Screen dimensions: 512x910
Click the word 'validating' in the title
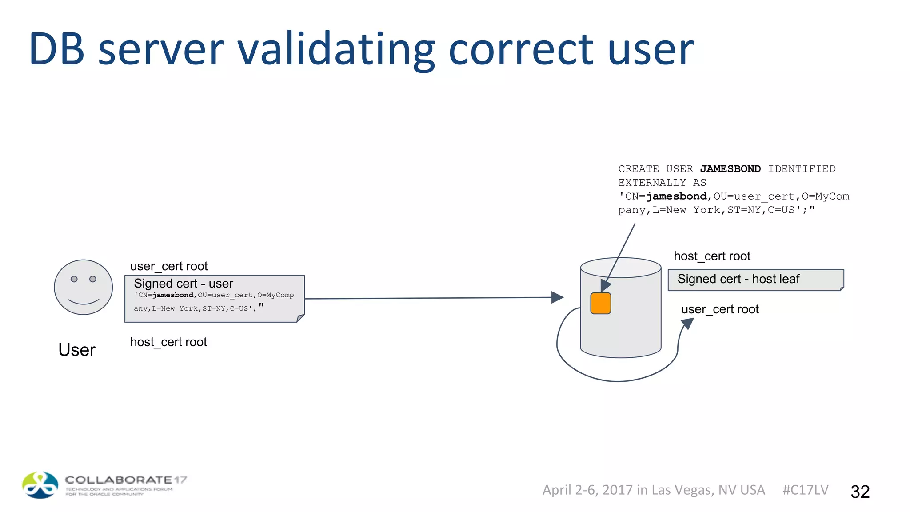pyautogui.click(x=335, y=50)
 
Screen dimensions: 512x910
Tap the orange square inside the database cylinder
pyautogui.click(x=600, y=304)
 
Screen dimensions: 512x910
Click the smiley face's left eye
pyautogui.click(x=74, y=279)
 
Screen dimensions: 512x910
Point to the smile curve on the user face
pyautogui.click(x=83, y=302)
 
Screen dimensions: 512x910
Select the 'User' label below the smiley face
pyautogui.click(x=77, y=350)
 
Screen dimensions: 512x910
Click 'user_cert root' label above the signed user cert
pyautogui.click(x=169, y=266)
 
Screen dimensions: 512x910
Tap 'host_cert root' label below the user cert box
pyautogui.click(x=168, y=342)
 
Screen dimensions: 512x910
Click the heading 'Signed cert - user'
pyautogui.click(x=183, y=284)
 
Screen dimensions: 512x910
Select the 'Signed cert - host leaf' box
pyautogui.click(x=755, y=280)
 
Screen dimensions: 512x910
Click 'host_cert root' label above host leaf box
pyautogui.click(x=712, y=256)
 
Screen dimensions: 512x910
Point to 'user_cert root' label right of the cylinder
pyautogui.click(x=720, y=309)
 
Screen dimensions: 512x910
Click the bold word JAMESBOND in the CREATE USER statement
pyautogui.click(x=730, y=169)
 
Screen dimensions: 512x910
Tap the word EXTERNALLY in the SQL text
pyautogui.click(x=652, y=183)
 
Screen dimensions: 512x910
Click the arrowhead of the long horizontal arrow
pyautogui.click(x=557, y=297)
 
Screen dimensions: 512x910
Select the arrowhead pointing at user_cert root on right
pyautogui.click(x=687, y=323)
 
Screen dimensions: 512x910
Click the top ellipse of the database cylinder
pyautogui.click(x=621, y=268)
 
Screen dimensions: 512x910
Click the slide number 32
pyautogui.click(x=860, y=492)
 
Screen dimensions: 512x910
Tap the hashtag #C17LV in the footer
pyautogui.click(x=805, y=490)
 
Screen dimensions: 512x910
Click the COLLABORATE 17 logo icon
pyautogui.click(x=40, y=485)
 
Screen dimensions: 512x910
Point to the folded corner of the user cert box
pyautogui.click(x=301, y=318)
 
